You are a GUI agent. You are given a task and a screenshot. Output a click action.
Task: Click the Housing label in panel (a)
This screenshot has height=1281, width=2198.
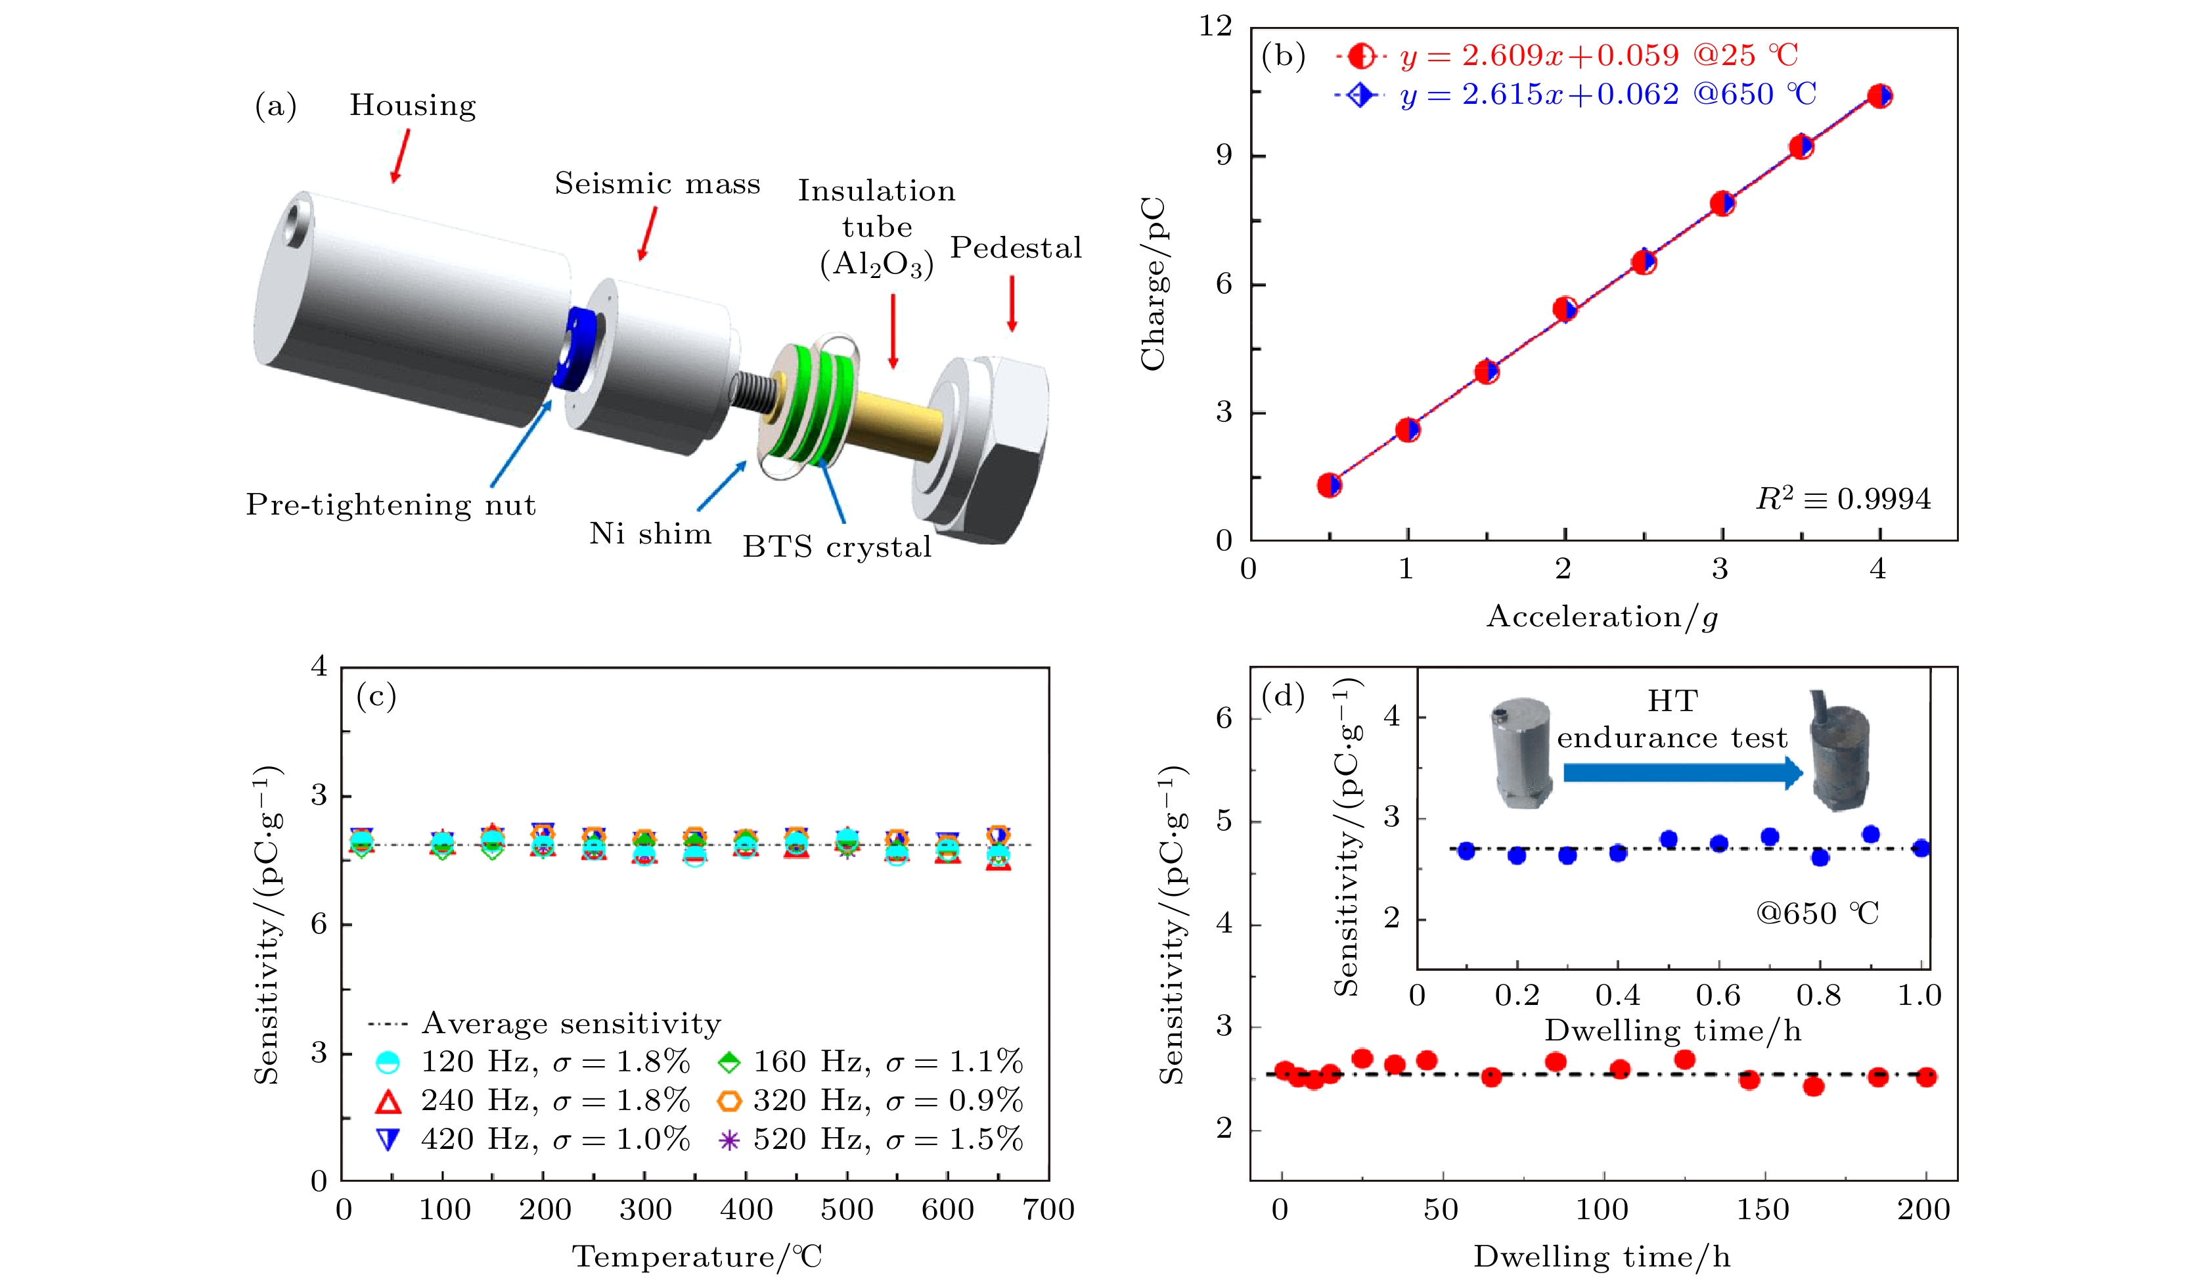point(413,106)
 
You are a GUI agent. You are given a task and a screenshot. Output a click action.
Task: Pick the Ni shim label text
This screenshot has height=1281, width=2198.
point(650,533)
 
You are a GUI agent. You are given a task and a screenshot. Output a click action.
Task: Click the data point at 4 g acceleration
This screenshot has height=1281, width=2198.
point(1879,96)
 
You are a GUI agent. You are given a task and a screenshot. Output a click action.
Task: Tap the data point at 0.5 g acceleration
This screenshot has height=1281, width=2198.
point(1328,485)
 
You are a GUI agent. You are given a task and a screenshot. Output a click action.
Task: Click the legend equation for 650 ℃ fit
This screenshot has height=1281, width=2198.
point(1607,94)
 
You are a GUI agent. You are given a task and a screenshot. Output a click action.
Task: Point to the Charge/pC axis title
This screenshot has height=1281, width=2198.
point(1153,283)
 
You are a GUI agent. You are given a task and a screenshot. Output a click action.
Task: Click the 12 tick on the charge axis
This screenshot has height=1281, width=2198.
point(1215,27)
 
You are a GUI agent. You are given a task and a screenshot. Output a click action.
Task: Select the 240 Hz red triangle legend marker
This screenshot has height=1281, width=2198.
point(388,1102)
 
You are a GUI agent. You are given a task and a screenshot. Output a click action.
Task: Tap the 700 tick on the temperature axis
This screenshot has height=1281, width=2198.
point(1048,1209)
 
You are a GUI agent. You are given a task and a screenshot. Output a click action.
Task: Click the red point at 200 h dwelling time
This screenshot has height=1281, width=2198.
point(1927,1077)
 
